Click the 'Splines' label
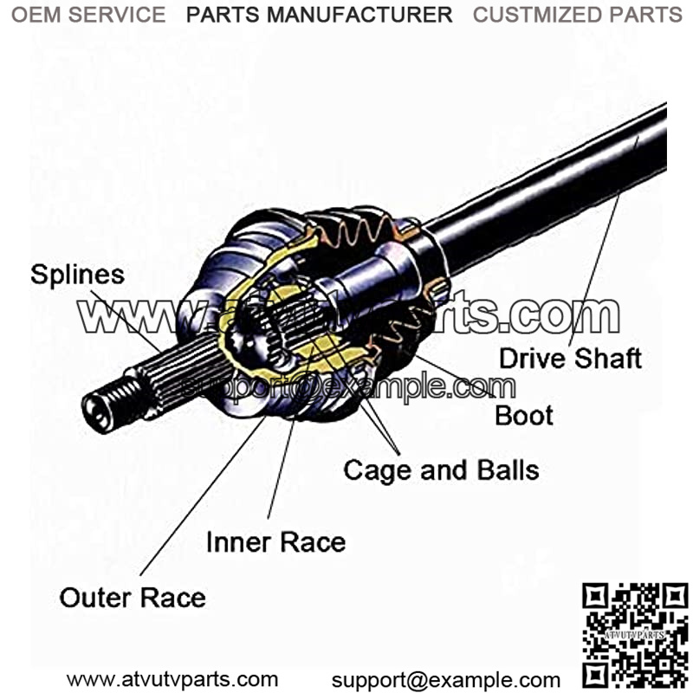click(x=77, y=275)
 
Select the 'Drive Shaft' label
click(x=570, y=358)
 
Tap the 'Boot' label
click(x=523, y=415)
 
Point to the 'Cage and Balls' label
click(x=441, y=470)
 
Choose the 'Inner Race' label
click(x=275, y=542)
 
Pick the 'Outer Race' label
click(x=133, y=598)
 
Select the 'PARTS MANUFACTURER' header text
click(x=319, y=15)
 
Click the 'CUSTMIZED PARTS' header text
click(x=577, y=15)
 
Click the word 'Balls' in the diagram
click(x=508, y=470)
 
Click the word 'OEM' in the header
click(x=33, y=15)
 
